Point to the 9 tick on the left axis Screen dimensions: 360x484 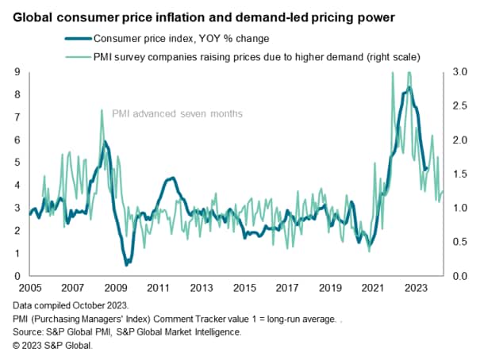(18, 72)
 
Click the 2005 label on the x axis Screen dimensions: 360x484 (29, 288)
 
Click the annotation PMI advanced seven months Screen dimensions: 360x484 (181, 114)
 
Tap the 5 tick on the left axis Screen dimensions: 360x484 (18, 163)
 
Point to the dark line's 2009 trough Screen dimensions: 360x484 (126, 263)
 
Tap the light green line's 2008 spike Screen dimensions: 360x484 (102, 110)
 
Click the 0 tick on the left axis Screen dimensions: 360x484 (18, 276)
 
